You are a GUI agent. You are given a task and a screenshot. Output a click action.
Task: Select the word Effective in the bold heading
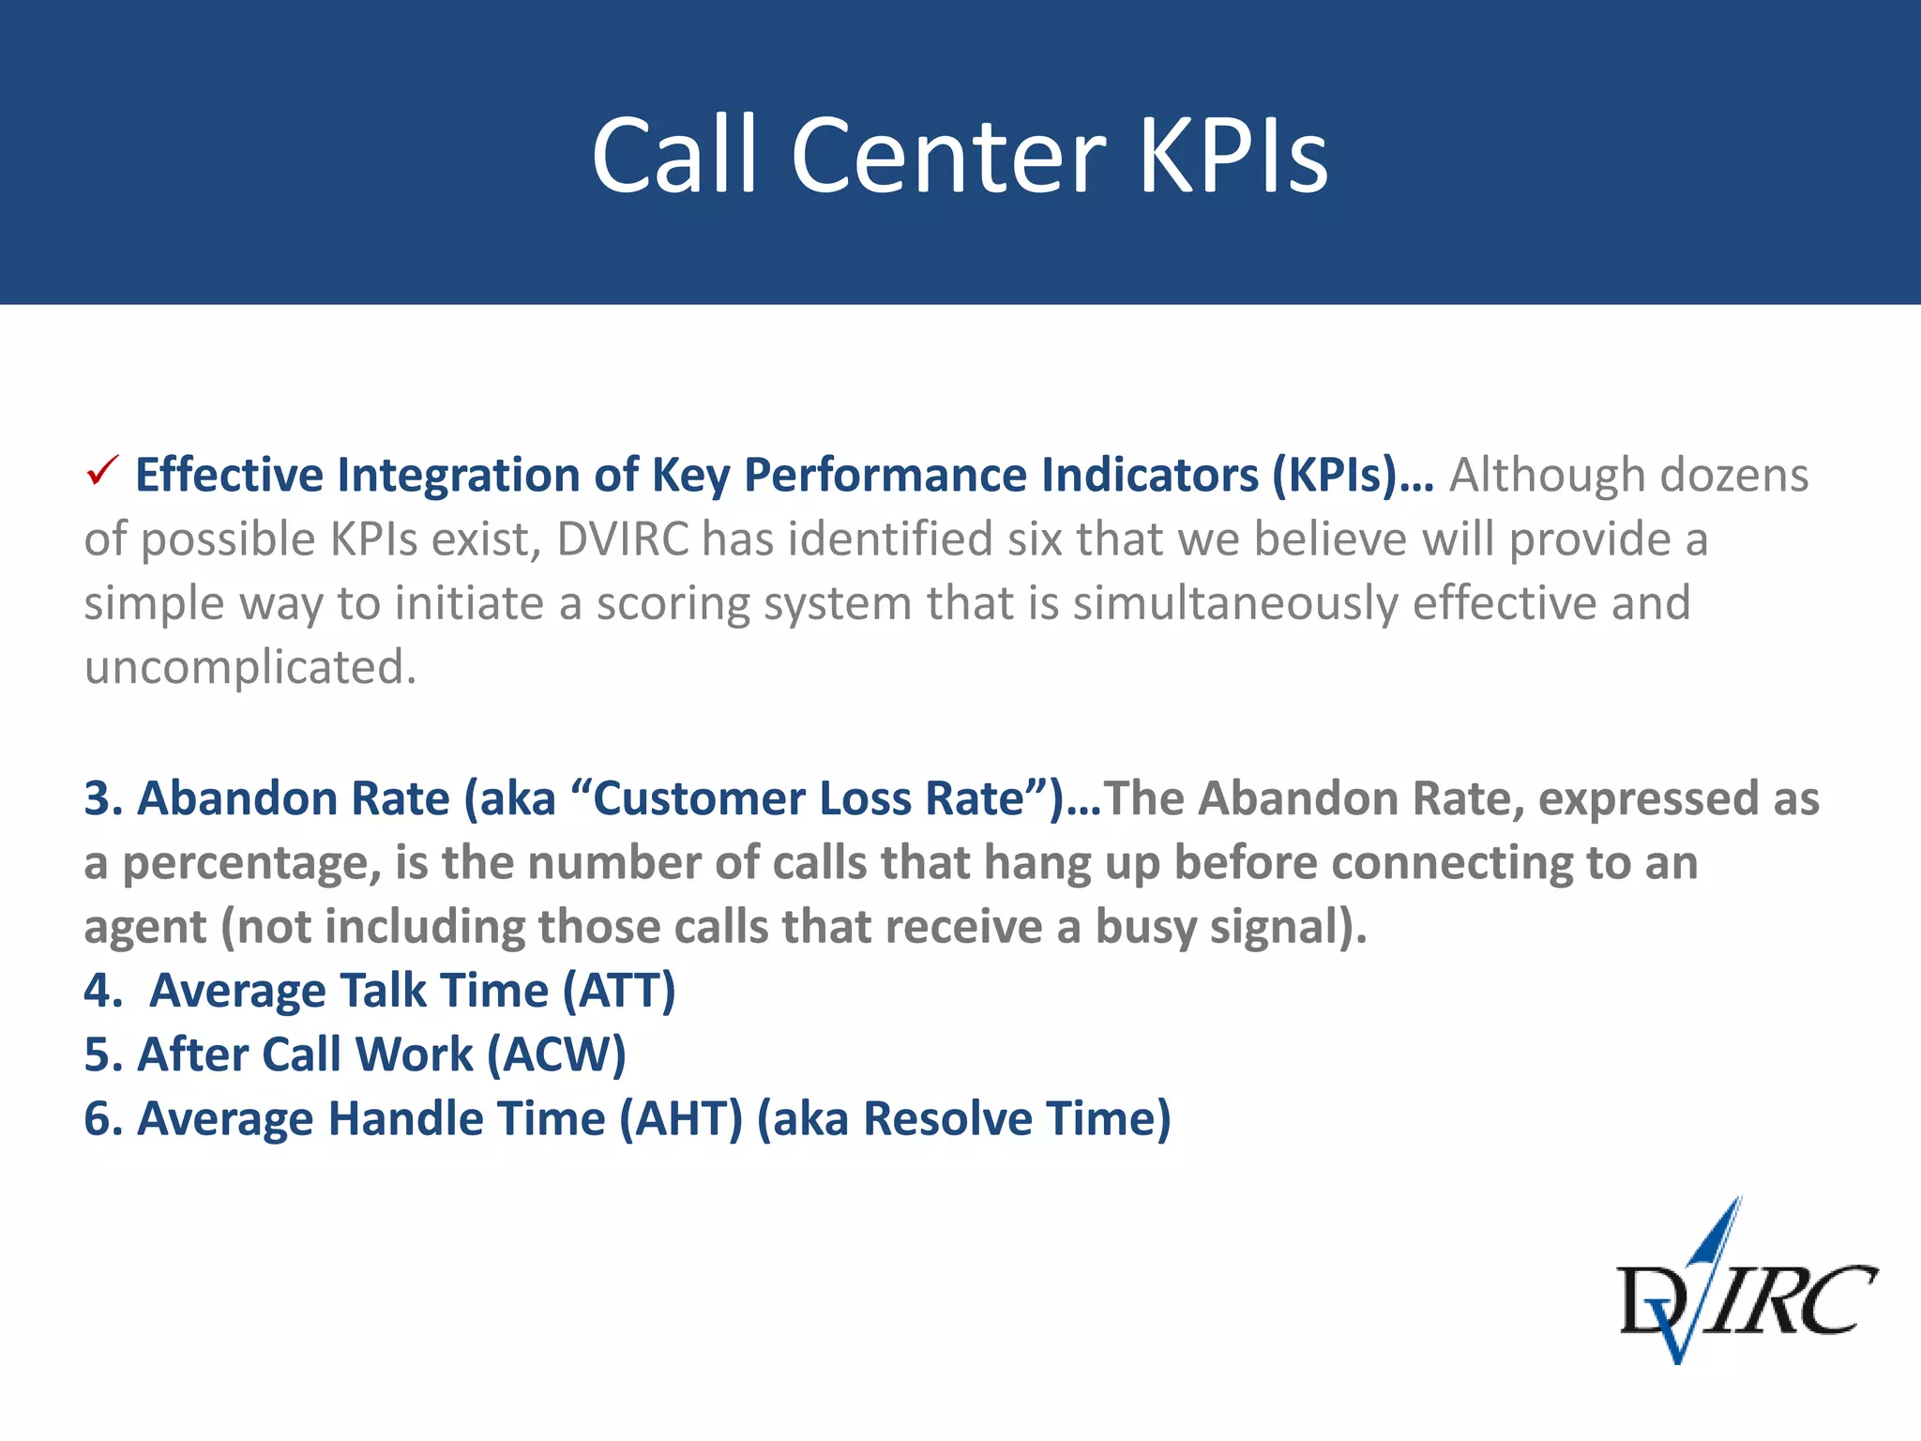tap(229, 475)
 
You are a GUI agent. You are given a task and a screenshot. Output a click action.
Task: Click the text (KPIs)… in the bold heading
tap(1352, 475)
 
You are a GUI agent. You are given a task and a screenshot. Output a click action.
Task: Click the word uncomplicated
tap(250, 667)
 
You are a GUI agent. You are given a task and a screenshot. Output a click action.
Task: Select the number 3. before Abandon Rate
tap(103, 798)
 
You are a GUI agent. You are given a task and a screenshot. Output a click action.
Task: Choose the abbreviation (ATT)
tap(618, 991)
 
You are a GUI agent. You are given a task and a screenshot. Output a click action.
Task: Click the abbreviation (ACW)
tap(555, 1054)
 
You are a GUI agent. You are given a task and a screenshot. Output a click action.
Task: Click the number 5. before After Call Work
tap(103, 1054)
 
